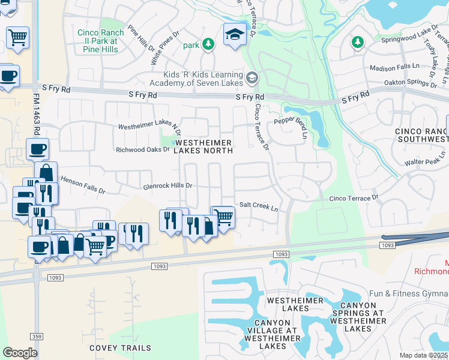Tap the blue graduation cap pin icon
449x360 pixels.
coord(235,34)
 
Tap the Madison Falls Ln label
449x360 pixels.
coord(396,68)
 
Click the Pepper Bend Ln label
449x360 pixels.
coord(291,121)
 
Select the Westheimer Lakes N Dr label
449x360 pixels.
coord(149,127)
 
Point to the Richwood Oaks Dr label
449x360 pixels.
coord(143,149)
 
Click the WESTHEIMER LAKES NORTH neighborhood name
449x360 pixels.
coord(203,146)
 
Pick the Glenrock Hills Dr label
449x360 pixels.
coord(167,186)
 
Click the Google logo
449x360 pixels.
coord(20,353)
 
